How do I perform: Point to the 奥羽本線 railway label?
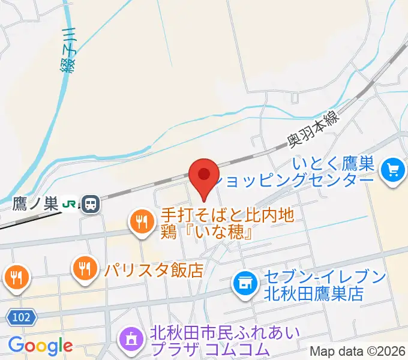pos(313,131)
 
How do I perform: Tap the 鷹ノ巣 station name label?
pos(35,205)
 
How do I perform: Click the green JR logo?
pos(70,205)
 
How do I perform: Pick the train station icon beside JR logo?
pos(91,205)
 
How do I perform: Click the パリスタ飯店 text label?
pos(154,269)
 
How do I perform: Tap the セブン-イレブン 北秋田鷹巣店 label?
pos(323,286)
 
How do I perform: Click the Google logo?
pos(40,346)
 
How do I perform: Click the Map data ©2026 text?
pos(358,351)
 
